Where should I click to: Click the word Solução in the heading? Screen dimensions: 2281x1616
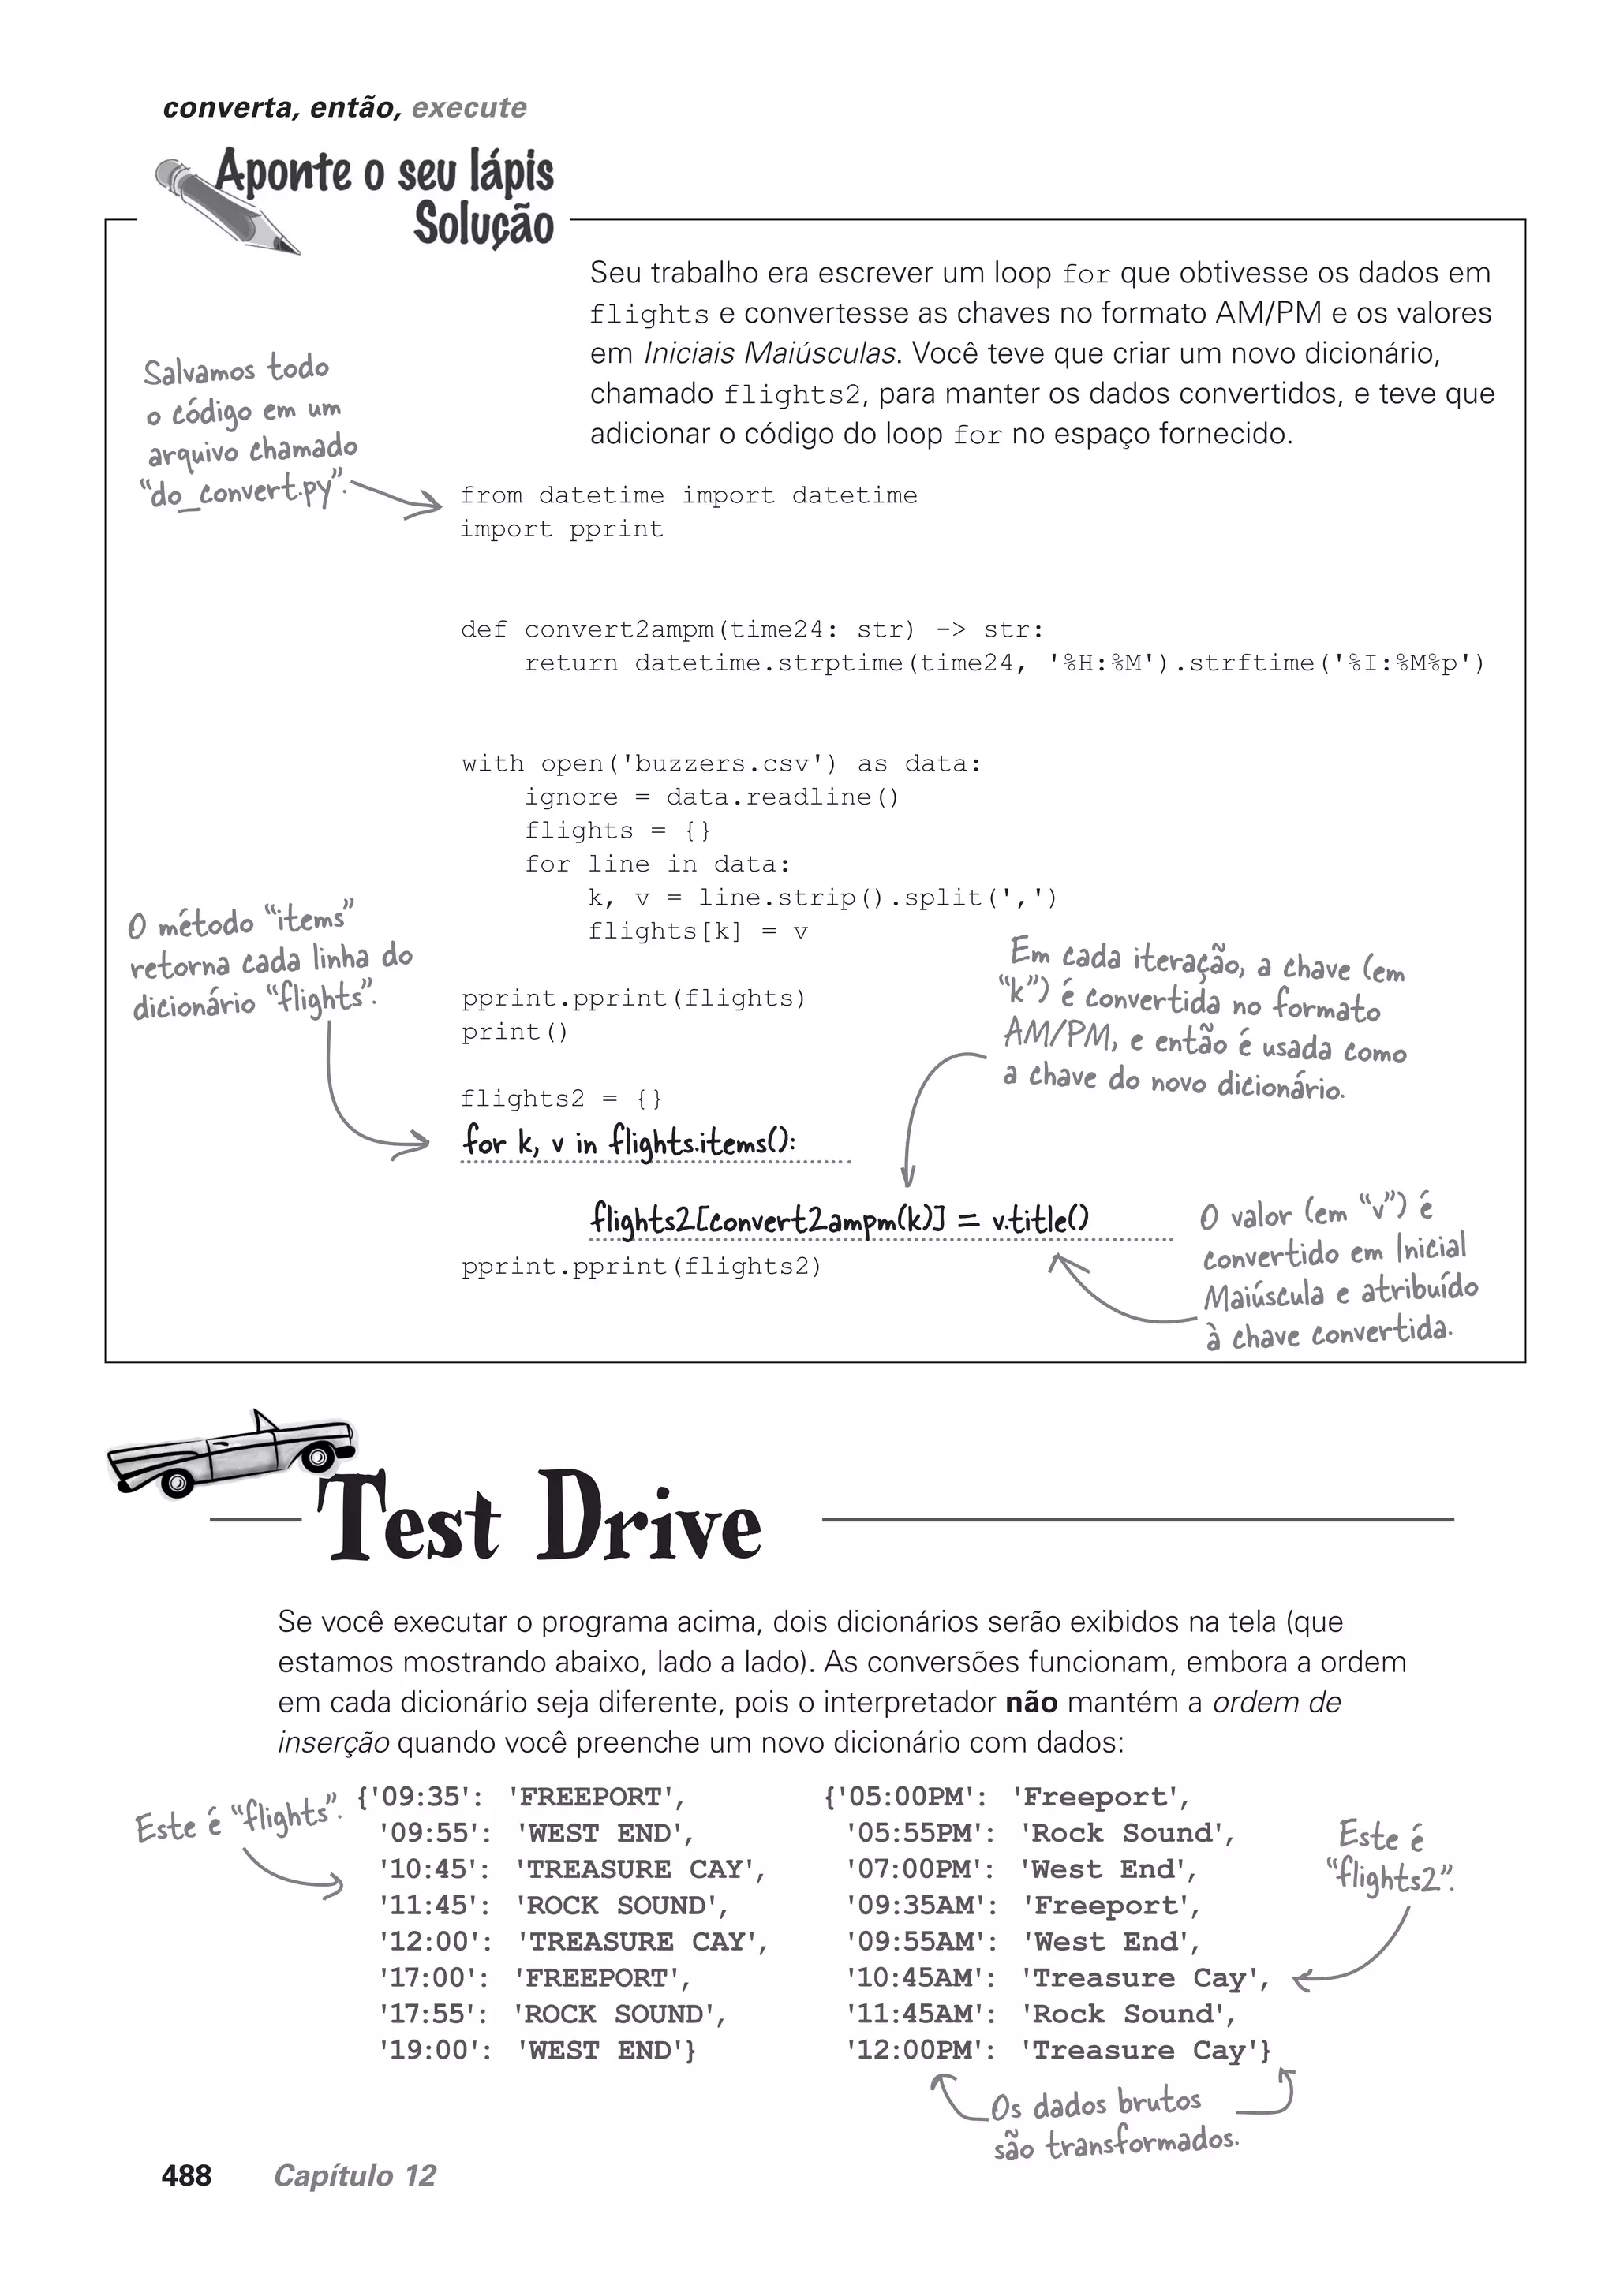[x=484, y=223]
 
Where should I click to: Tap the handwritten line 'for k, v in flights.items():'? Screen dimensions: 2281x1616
[x=628, y=1142]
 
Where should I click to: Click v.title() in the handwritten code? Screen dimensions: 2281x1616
[x=1040, y=1219]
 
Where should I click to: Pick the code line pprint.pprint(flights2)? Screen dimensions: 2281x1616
[x=642, y=1267]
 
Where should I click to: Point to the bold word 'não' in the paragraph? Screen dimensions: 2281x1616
[x=1031, y=1702]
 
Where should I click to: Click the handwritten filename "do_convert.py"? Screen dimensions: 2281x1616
[x=245, y=491]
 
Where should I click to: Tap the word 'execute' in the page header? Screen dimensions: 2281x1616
[x=469, y=107]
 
